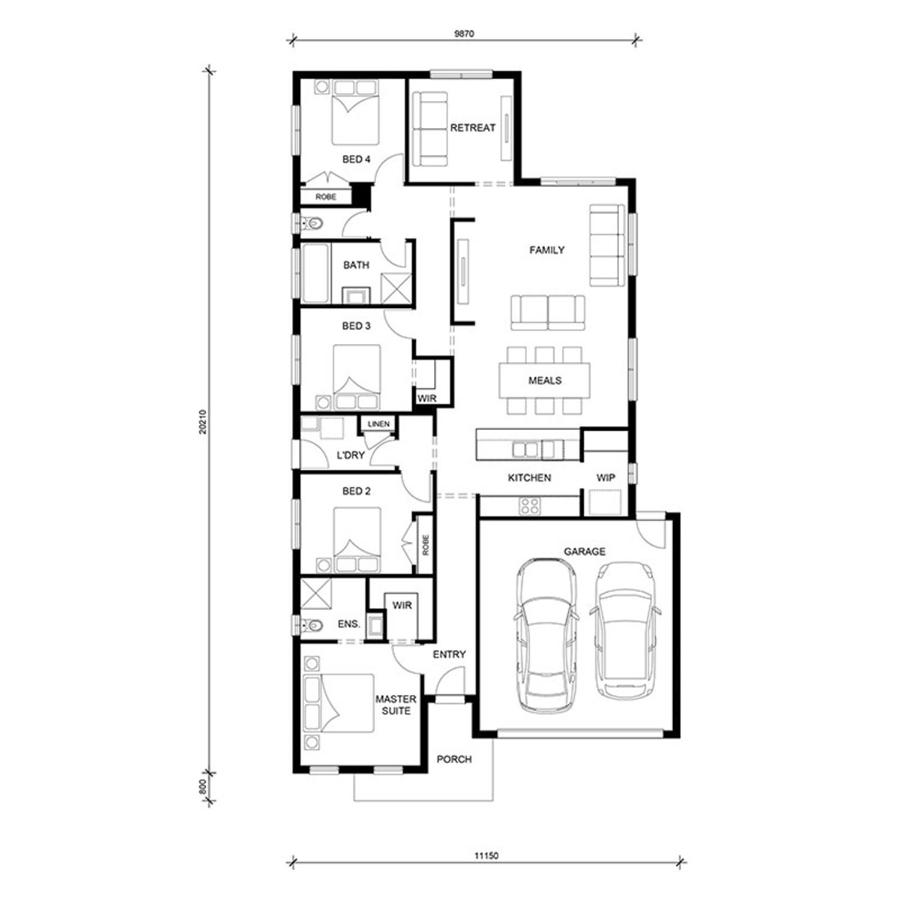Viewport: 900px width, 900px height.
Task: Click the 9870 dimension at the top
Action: [x=464, y=34]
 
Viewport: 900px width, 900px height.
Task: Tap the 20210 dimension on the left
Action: [x=202, y=422]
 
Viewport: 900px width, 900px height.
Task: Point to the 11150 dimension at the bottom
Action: [x=487, y=856]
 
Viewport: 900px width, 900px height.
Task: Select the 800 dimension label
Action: [x=202, y=787]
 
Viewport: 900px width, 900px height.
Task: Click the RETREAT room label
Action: [x=473, y=128]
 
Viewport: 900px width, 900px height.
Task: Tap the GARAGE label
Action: [x=584, y=551]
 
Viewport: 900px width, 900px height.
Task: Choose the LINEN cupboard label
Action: [x=379, y=424]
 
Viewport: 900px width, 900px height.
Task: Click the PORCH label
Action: [x=454, y=760]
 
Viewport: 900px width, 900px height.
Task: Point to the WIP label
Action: [x=605, y=478]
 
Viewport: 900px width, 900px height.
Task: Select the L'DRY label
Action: [x=350, y=455]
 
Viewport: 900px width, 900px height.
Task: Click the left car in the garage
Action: [x=547, y=636]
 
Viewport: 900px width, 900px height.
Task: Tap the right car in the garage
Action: [x=626, y=630]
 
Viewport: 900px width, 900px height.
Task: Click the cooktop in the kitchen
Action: [x=530, y=506]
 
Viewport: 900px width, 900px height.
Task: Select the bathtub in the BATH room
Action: [x=316, y=274]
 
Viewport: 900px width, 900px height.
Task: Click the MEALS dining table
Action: [x=545, y=380]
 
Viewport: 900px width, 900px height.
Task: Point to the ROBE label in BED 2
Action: [x=425, y=544]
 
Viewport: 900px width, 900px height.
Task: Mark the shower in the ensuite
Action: [x=316, y=593]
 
